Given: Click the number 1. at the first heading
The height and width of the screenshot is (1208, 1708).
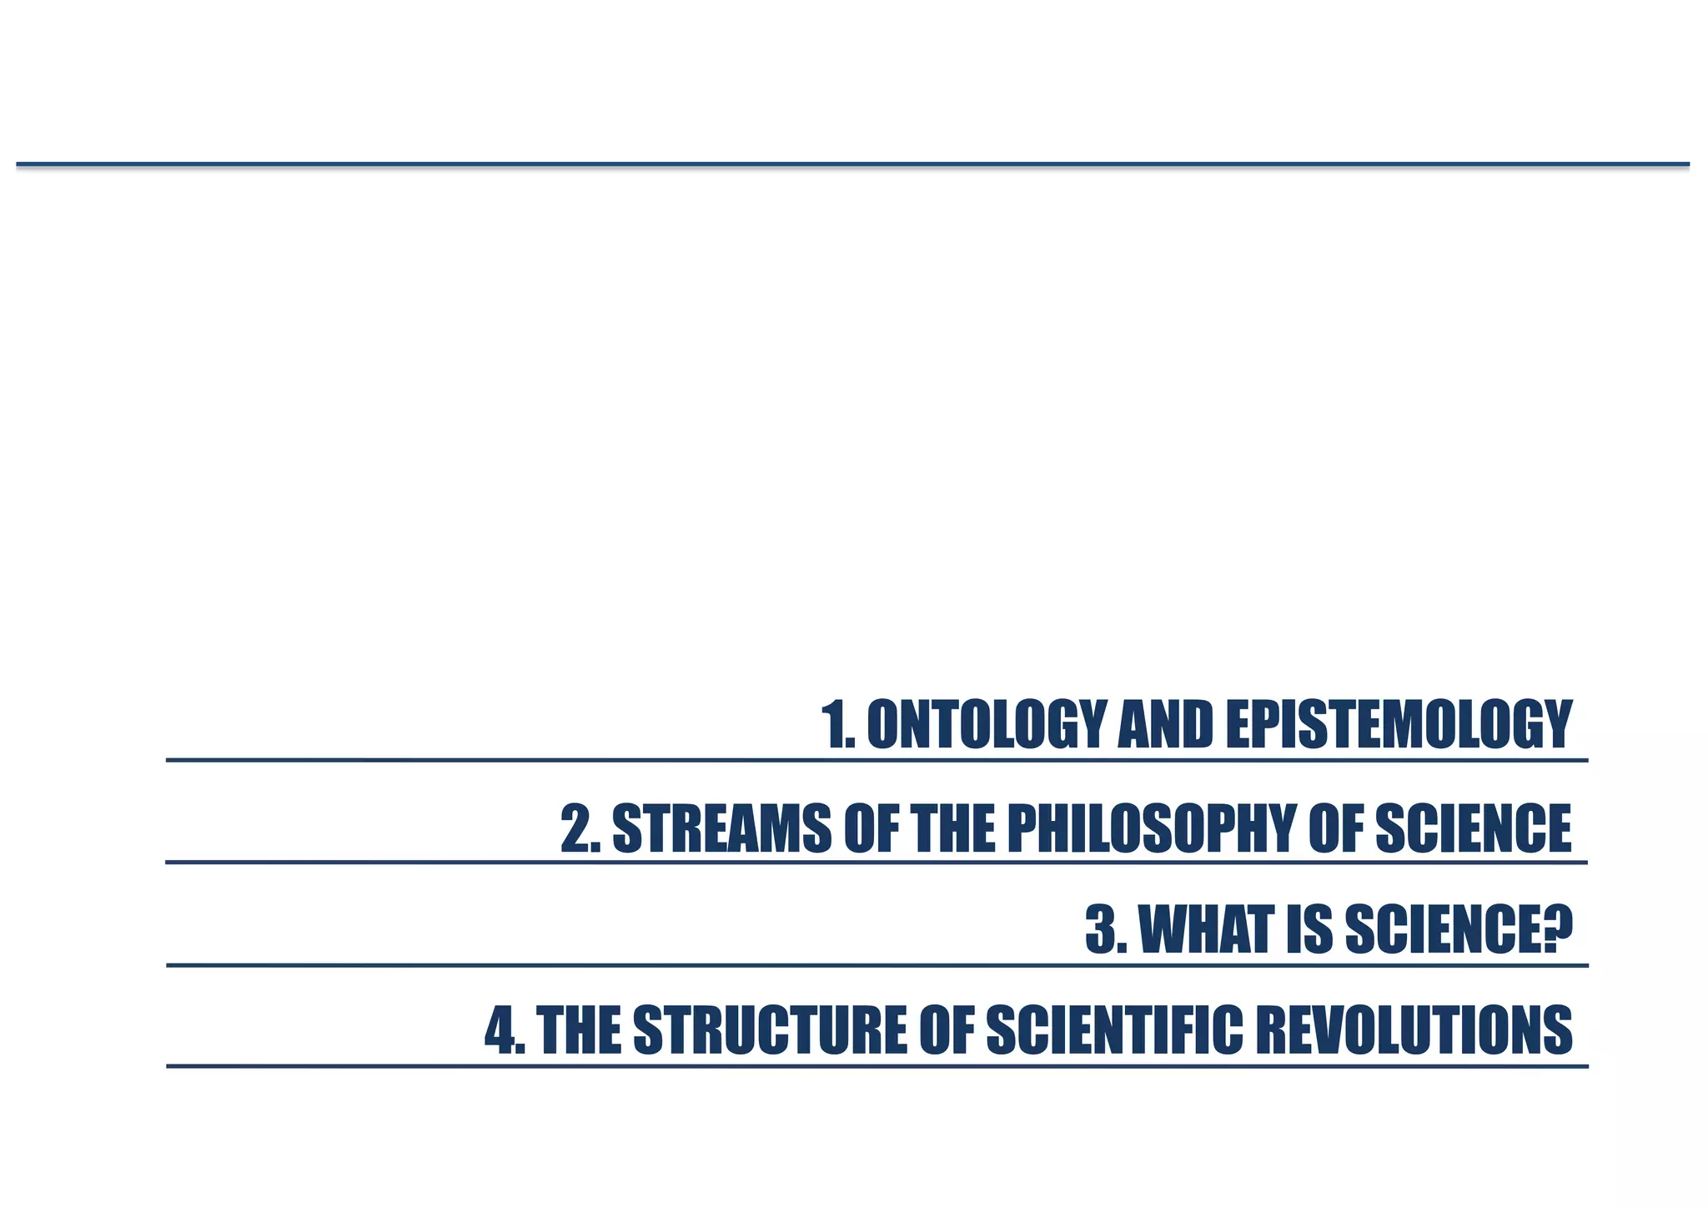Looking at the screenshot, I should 838,725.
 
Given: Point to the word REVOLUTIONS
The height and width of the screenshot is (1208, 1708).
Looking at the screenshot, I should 1414,1031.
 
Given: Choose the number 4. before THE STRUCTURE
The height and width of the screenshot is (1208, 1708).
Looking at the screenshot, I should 505,1031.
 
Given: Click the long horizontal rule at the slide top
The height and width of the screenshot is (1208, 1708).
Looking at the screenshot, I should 852,164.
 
